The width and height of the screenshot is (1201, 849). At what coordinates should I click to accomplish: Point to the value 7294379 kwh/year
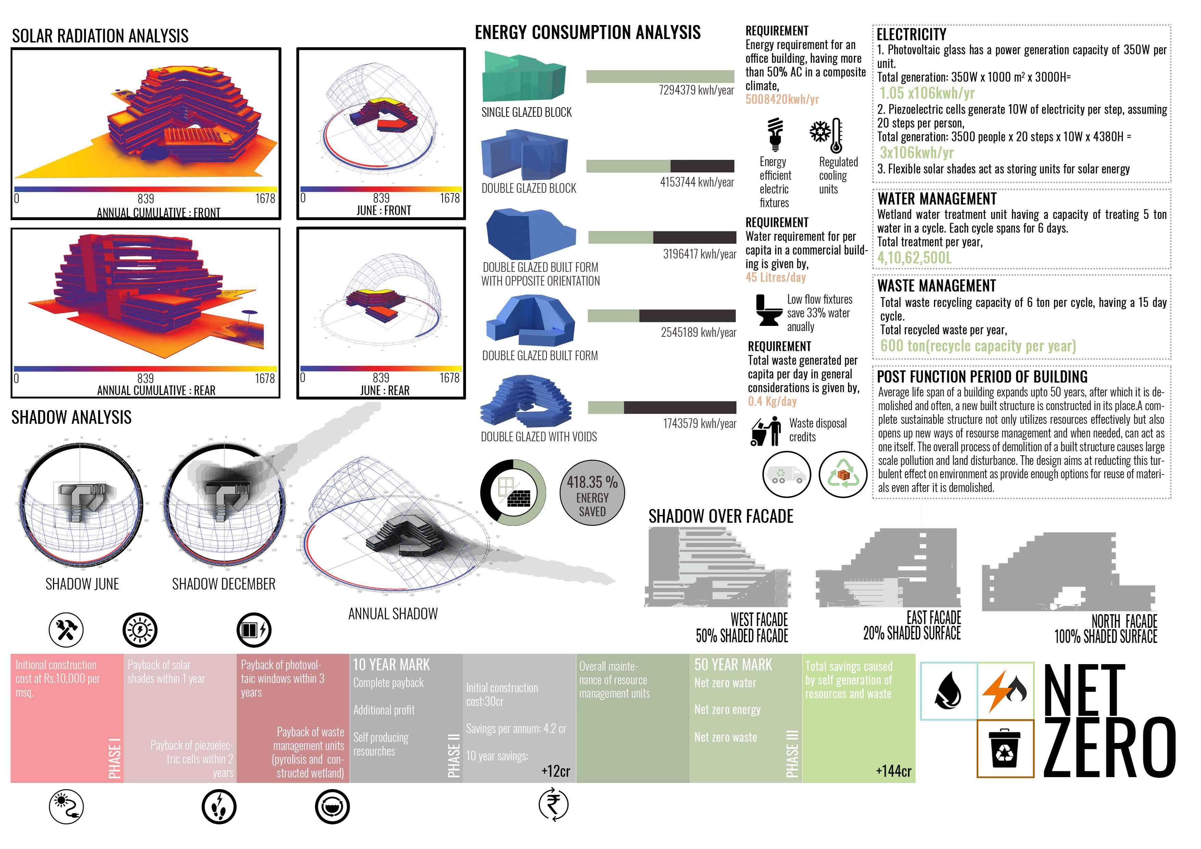[x=696, y=90]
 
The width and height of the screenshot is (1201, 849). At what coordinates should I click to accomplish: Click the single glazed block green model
[x=523, y=78]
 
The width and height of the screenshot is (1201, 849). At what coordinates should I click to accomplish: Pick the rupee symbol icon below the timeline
[x=553, y=804]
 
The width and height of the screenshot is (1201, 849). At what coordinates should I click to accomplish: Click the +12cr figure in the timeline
[x=556, y=771]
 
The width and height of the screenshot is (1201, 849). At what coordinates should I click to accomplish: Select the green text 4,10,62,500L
[x=914, y=258]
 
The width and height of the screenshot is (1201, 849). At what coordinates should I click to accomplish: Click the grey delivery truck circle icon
[x=786, y=474]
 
